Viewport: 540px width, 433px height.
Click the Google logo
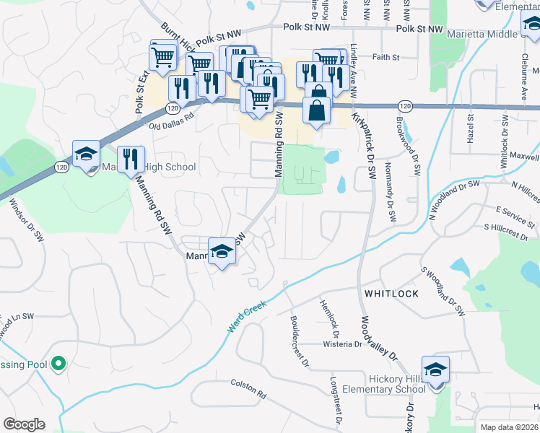tap(24, 424)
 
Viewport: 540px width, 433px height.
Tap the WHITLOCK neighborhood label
tap(391, 294)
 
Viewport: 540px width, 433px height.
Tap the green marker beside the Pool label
tap(58, 364)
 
